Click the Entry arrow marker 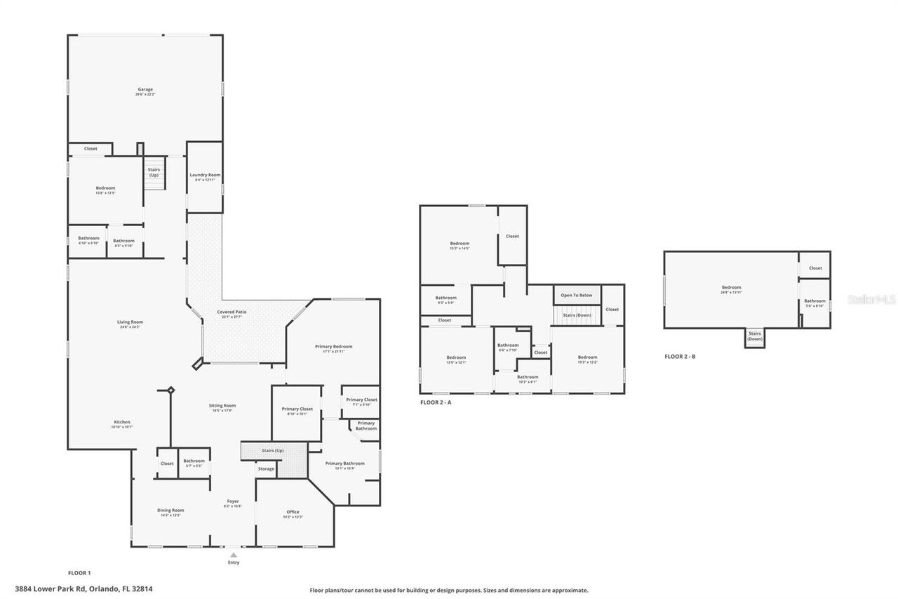234,555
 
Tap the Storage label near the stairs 266,468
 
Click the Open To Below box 577,295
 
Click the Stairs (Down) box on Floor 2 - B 754,337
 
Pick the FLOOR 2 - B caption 680,357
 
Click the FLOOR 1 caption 79,573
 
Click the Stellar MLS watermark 871,299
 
